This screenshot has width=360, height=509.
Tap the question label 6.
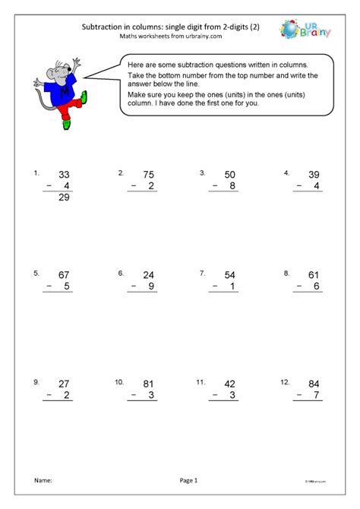click(x=121, y=272)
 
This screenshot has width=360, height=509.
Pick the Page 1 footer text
click(x=189, y=480)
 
